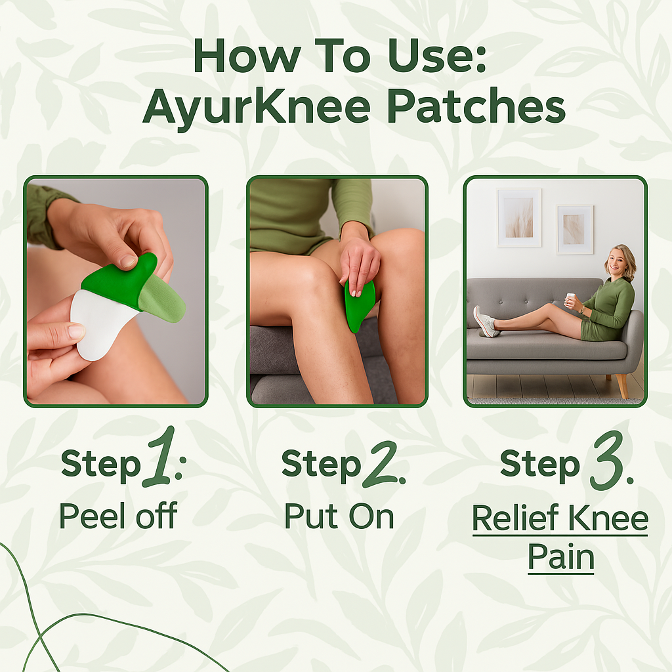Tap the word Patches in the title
[x=469, y=106]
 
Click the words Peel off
[x=118, y=516]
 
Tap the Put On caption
[x=339, y=516]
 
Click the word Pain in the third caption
[x=561, y=558]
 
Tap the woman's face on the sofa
[x=619, y=262]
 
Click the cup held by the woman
[x=571, y=300]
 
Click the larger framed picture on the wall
[x=519, y=217]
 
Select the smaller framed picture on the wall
[x=574, y=229]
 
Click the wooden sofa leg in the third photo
[x=620, y=386]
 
